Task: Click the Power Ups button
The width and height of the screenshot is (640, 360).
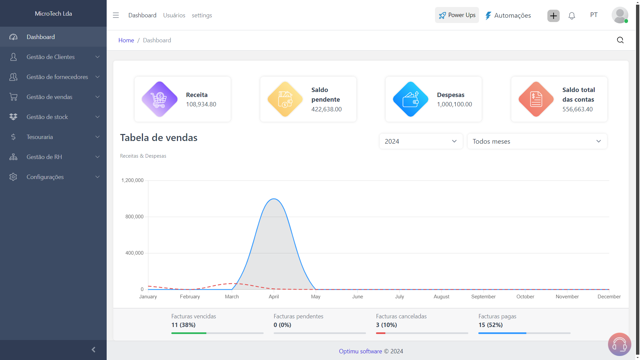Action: click(457, 15)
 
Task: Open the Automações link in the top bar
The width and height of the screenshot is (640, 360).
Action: click(508, 15)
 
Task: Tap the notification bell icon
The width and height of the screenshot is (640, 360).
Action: click(572, 16)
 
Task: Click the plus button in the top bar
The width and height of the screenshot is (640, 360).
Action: click(553, 16)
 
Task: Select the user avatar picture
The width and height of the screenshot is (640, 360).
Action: click(620, 15)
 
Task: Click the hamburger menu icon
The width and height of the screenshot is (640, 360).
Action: click(116, 15)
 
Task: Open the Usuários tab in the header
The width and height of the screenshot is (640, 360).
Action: click(174, 15)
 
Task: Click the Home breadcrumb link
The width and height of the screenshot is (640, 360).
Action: click(126, 40)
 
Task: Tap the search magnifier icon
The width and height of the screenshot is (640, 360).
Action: click(620, 40)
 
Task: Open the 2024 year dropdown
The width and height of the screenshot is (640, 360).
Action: click(421, 141)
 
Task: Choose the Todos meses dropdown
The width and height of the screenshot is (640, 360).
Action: click(537, 141)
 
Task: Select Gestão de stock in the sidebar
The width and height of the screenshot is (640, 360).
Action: click(47, 117)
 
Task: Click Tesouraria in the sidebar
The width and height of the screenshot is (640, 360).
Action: click(40, 137)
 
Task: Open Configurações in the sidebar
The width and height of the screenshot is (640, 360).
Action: click(45, 177)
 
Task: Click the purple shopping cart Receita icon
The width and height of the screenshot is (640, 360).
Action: click(160, 99)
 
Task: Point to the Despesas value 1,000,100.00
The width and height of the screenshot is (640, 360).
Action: click(454, 104)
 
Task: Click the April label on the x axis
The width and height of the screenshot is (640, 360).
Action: click(274, 297)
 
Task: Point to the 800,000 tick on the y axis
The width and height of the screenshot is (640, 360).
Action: click(134, 217)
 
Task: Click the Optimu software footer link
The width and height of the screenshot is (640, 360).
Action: click(360, 351)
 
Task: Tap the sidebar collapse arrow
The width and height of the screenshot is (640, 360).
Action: click(93, 350)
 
